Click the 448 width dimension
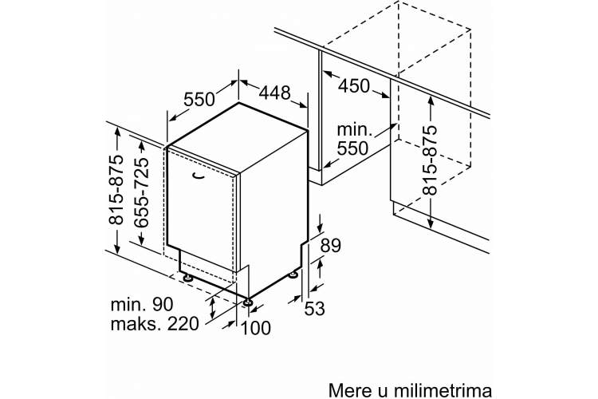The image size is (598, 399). (x=274, y=93)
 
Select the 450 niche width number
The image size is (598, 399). (x=354, y=86)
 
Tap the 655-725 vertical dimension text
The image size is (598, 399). (x=142, y=193)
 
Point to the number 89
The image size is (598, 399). (x=330, y=246)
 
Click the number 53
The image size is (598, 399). (x=315, y=309)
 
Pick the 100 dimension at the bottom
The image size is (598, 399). (x=256, y=328)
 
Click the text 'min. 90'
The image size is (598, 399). (x=142, y=304)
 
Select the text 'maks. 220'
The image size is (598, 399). (x=155, y=324)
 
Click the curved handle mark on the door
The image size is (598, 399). (x=198, y=175)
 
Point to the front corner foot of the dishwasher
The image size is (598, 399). (x=248, y=302)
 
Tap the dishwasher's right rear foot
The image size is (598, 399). (x=294, y=275)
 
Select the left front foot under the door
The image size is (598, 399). (x=187, y=277)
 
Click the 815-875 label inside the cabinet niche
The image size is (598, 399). (x=431, y=160)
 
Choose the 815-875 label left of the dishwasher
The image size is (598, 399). (x=117, y=190)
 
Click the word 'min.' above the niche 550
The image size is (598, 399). (x=355, y=130)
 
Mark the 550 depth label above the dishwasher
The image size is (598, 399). (x=199, y=99)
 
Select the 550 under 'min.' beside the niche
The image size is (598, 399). (x=352, y=148)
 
